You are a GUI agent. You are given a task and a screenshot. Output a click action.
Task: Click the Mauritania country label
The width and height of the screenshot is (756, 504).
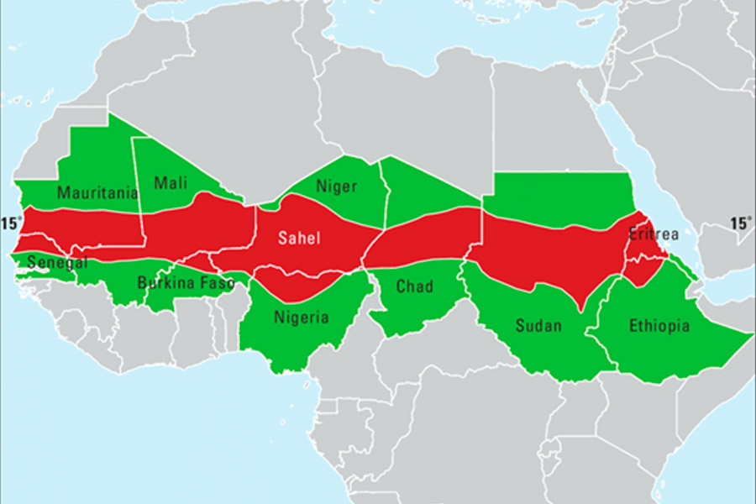pos(97,193)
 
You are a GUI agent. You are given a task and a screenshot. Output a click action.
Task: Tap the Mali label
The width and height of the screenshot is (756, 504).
pos(171,182)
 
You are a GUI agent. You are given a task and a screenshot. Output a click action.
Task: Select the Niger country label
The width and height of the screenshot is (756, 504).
pos(337,186)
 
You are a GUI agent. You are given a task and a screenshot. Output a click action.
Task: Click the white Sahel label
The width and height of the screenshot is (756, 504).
pos(300,239)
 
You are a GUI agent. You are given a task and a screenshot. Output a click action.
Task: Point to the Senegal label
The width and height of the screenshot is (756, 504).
pos(56,263)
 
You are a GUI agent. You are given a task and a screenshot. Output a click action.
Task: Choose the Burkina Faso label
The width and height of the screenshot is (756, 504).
pos(186,283)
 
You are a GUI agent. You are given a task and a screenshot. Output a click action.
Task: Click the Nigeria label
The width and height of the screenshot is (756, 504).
pos(302,318)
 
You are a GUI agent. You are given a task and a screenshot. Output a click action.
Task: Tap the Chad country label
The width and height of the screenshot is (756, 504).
pos(414,287)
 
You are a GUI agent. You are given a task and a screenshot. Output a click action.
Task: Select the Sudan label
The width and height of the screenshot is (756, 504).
pos(538,325)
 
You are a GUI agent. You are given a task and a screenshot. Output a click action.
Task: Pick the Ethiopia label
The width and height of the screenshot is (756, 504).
pos(659,325)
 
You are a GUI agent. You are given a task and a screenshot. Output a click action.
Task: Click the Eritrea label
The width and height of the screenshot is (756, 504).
pos(654,234)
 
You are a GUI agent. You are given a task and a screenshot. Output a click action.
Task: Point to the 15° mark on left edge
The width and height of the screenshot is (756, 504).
pos(11,223)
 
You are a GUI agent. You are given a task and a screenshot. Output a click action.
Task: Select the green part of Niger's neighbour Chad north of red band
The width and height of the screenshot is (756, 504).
pos(424,189)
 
